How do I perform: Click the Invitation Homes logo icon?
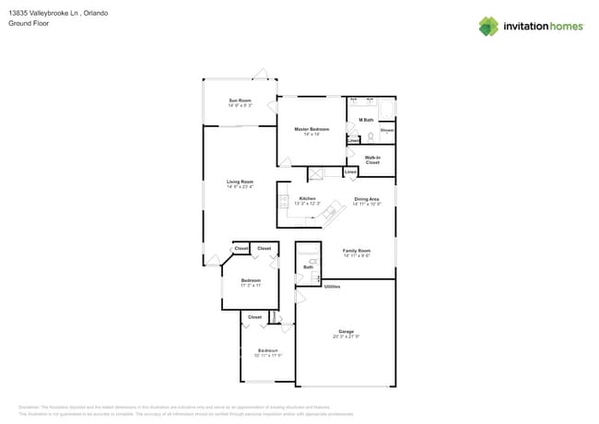488,26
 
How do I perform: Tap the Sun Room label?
240,100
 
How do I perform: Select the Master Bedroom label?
311,129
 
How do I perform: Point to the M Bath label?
366,120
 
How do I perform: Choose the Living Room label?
240,182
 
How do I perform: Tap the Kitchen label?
308,198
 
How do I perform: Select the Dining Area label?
367,199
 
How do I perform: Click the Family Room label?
357,251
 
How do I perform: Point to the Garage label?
346,331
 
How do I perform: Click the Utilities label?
332,287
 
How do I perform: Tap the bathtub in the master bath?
385,112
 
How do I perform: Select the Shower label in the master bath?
387,130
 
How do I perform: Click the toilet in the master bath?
370,136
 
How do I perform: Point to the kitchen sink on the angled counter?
328,214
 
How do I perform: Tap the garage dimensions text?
346,336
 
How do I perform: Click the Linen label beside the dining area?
350,172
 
